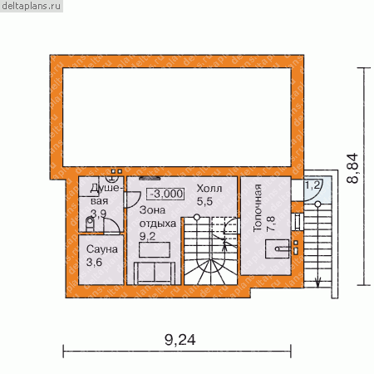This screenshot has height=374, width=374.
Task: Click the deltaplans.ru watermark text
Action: [x=32, y=6]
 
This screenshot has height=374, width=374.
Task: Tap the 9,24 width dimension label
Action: [x=180, y=340]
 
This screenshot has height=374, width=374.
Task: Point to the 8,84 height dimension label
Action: [x=352, y=168]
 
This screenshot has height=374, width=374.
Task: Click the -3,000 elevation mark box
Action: [x=165, y=194]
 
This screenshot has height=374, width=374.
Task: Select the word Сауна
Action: [x=102, y=249]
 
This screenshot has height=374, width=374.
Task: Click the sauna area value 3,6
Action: [x=94, y=262]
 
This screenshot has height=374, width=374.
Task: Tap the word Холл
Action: [x=209, y=189]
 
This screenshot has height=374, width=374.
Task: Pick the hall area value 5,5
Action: [x=204, y=201]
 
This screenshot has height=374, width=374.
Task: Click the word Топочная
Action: [x=258, y=208]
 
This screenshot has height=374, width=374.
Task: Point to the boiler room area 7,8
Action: [x=271, y=224]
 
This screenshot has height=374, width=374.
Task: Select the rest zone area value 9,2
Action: [x=147, y=236]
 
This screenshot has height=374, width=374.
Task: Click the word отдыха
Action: [x=158, y=224]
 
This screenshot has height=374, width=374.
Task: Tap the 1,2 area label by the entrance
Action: [x=312, y=185]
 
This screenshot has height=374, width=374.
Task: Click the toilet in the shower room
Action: [x=90, y=224]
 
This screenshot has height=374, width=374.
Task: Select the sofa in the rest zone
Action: [x=155, y=273]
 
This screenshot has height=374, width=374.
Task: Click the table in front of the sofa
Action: [x=155, y=249]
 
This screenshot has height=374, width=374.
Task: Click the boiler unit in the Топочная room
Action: [x=278, y=249]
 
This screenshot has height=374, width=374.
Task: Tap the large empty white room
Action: [x=177, y=117]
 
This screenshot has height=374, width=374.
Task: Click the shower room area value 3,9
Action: [x=98, y=214]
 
